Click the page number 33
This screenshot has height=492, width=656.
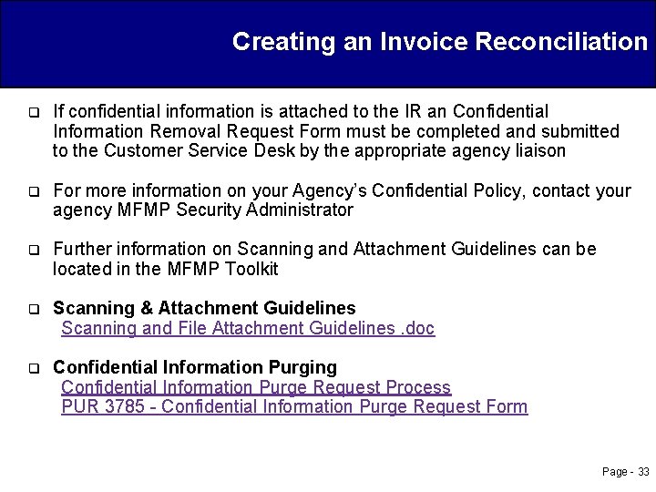pos(643,472)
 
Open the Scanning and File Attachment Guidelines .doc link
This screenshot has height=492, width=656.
pos(248,328)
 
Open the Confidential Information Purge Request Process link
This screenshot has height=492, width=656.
pos(256,387)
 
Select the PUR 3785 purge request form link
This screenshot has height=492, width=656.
pos(294,406)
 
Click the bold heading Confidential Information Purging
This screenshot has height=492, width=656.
pos(195,367)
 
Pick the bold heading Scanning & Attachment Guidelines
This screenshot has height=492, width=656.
pos(204,308)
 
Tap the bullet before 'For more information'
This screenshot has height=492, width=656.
pos(33,192)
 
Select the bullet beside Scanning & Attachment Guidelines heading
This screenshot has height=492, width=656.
pos(33,310)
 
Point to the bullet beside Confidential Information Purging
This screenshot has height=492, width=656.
pos(33,369)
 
